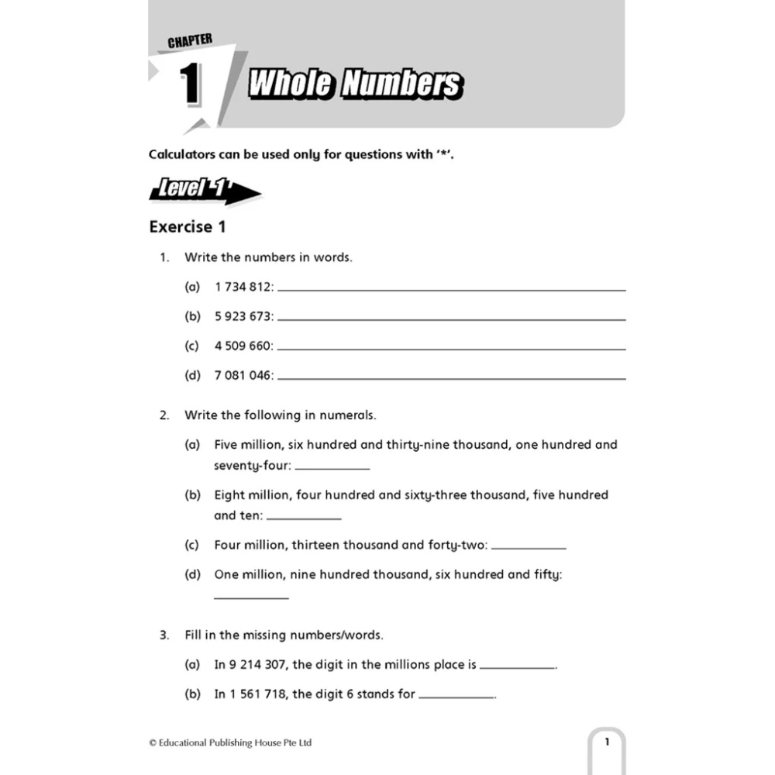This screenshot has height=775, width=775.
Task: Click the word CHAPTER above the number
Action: pyautogui.click(x=190, y=40)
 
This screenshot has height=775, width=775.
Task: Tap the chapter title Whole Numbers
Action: pyautogui.click(x=355, y=84)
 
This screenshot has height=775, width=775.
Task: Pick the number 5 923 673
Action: pyautogui.click(x=243, y=316)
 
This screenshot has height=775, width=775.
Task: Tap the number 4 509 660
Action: pyautogui.click(x=243, y=346)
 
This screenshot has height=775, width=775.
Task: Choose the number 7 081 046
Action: pyautogui.click(x=243, y=375)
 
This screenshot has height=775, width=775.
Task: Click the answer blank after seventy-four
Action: pyautogui.click(x=332, y=467)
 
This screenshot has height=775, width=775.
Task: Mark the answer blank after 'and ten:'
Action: pyautogui.click(x=304, y=517)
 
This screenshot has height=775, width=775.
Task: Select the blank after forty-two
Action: pyautogui.click(x=529, y=547)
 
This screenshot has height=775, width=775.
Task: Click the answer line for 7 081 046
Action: pyautogui.click(x=452, y=378)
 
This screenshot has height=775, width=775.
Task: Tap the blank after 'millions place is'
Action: pyautogui.click(x=518, y=667)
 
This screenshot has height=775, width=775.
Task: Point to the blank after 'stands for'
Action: pyautogui.click(x=456, y=697)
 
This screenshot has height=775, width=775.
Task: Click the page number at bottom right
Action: pyautogui.click(x=607, y=742)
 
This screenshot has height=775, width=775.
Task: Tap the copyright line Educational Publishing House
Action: pyautogui.click(x=230, y=742)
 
